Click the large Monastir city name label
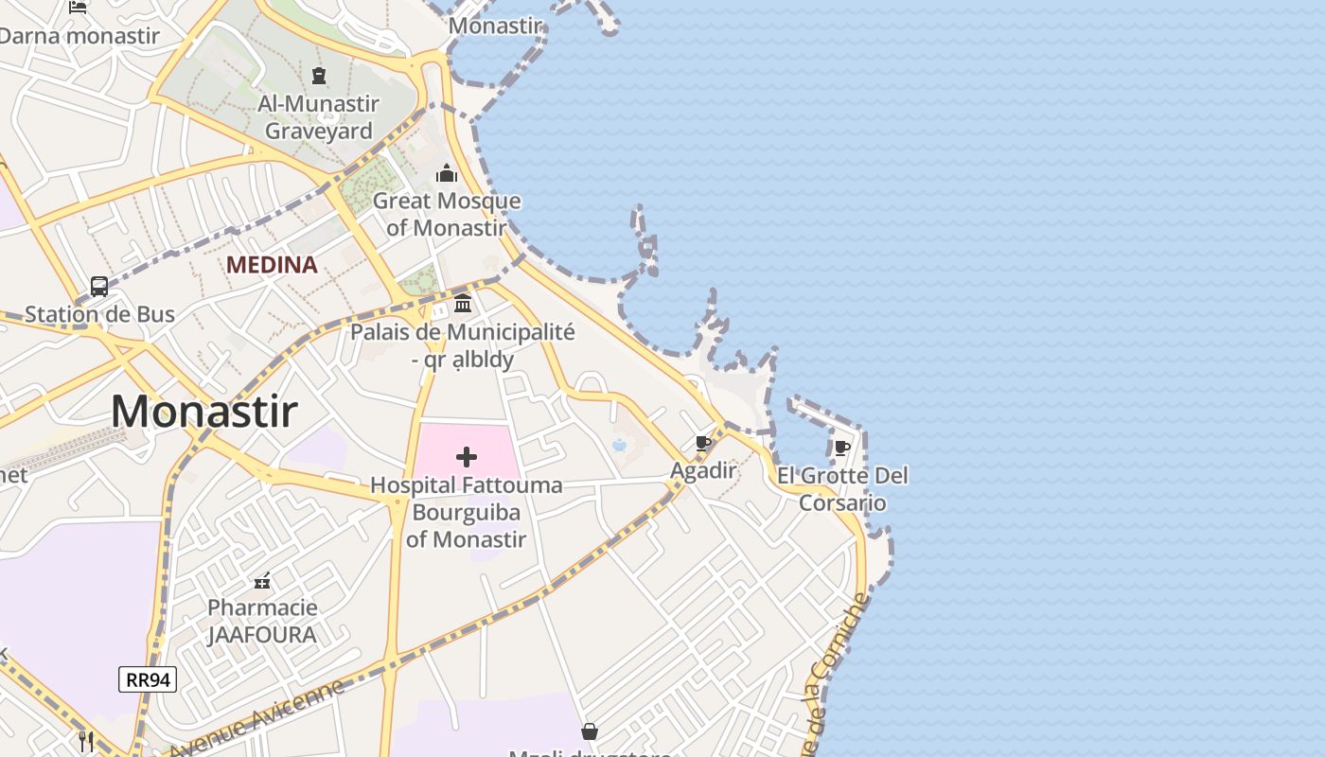[x=204, y=412]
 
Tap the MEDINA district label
[x=272, y=265]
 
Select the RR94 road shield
[x=148, y=678]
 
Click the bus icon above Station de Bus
[x=98, y=286]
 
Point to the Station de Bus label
[x=99, y=314]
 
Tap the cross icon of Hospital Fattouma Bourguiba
[x=466, y=458]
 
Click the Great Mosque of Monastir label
[x=446, y=214]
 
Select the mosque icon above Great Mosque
[x=446, y=173]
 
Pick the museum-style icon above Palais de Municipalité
[x=463, y=304]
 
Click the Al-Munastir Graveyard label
[x=318, y=117]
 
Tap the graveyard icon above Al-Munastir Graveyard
[x=319, y=76]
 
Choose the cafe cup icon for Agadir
[x=702, y=443]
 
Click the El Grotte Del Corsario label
[x=842, y=488]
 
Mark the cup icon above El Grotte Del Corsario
[x=841, y=448]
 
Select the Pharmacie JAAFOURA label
[x=262, y=621]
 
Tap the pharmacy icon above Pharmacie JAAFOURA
[x=262, y=580]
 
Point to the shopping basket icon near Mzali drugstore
[x=590, y=731]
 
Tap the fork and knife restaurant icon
[x=86, y=741]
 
